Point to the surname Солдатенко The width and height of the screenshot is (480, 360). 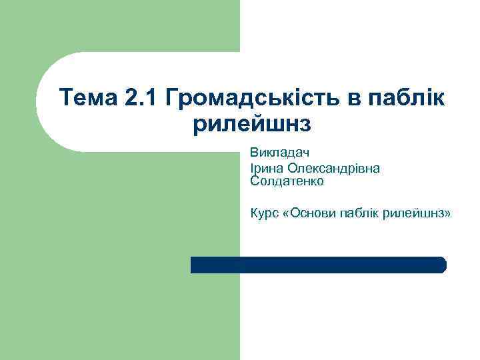pos(287,180)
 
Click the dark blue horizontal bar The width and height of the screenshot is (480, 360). pos(318,265)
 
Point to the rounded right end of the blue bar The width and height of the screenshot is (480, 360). pos(442,265)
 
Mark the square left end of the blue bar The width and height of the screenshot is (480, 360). pos(194,265)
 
